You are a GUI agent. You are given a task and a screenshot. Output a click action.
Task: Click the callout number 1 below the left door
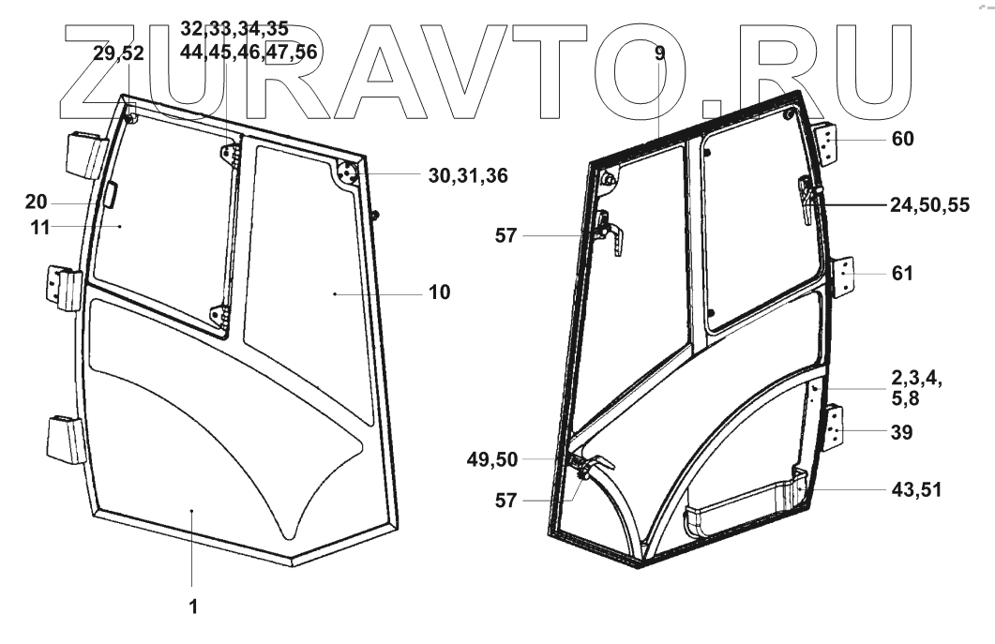coord(192,606)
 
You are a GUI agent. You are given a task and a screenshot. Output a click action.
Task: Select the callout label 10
coord(439,292)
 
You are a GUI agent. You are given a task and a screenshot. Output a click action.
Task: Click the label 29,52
coord(119,53)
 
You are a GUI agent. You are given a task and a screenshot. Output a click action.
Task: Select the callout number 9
coord(660,53)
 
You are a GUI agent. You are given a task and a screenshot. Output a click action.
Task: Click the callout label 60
coord(903,140)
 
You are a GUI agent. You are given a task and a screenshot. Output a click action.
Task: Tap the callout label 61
coord(902,274)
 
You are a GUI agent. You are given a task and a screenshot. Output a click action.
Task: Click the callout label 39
coord(902,432)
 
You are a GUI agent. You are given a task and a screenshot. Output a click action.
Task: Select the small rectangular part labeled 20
coord(109,195)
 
